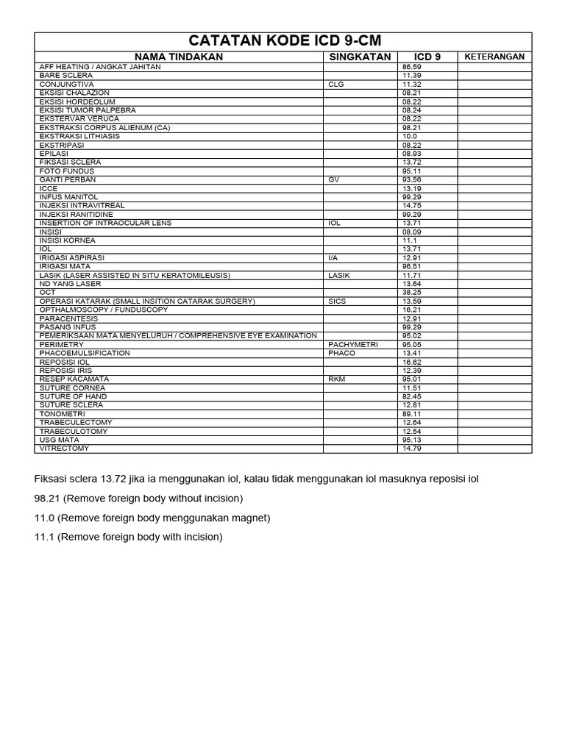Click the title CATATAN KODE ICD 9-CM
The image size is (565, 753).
[x=285, y=41]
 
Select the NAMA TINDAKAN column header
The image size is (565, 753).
[x=179, y=57]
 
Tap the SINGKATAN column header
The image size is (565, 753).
[x=360, y=57]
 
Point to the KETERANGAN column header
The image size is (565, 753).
[x=494, y=57]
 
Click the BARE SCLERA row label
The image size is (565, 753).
[x=66, y=76]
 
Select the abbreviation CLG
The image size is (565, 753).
[x=336, y=85]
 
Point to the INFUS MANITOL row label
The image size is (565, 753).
[x=68, y=197]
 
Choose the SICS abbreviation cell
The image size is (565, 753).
[x=337, y=301]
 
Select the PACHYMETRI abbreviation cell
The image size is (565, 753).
[x=353, y=344]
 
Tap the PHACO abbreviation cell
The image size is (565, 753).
[x=342, y=353]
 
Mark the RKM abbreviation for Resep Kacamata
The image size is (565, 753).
[x=337, y=379]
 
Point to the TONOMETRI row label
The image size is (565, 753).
[x=63, y=414]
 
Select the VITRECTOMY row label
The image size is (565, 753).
[x=65, y=449]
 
